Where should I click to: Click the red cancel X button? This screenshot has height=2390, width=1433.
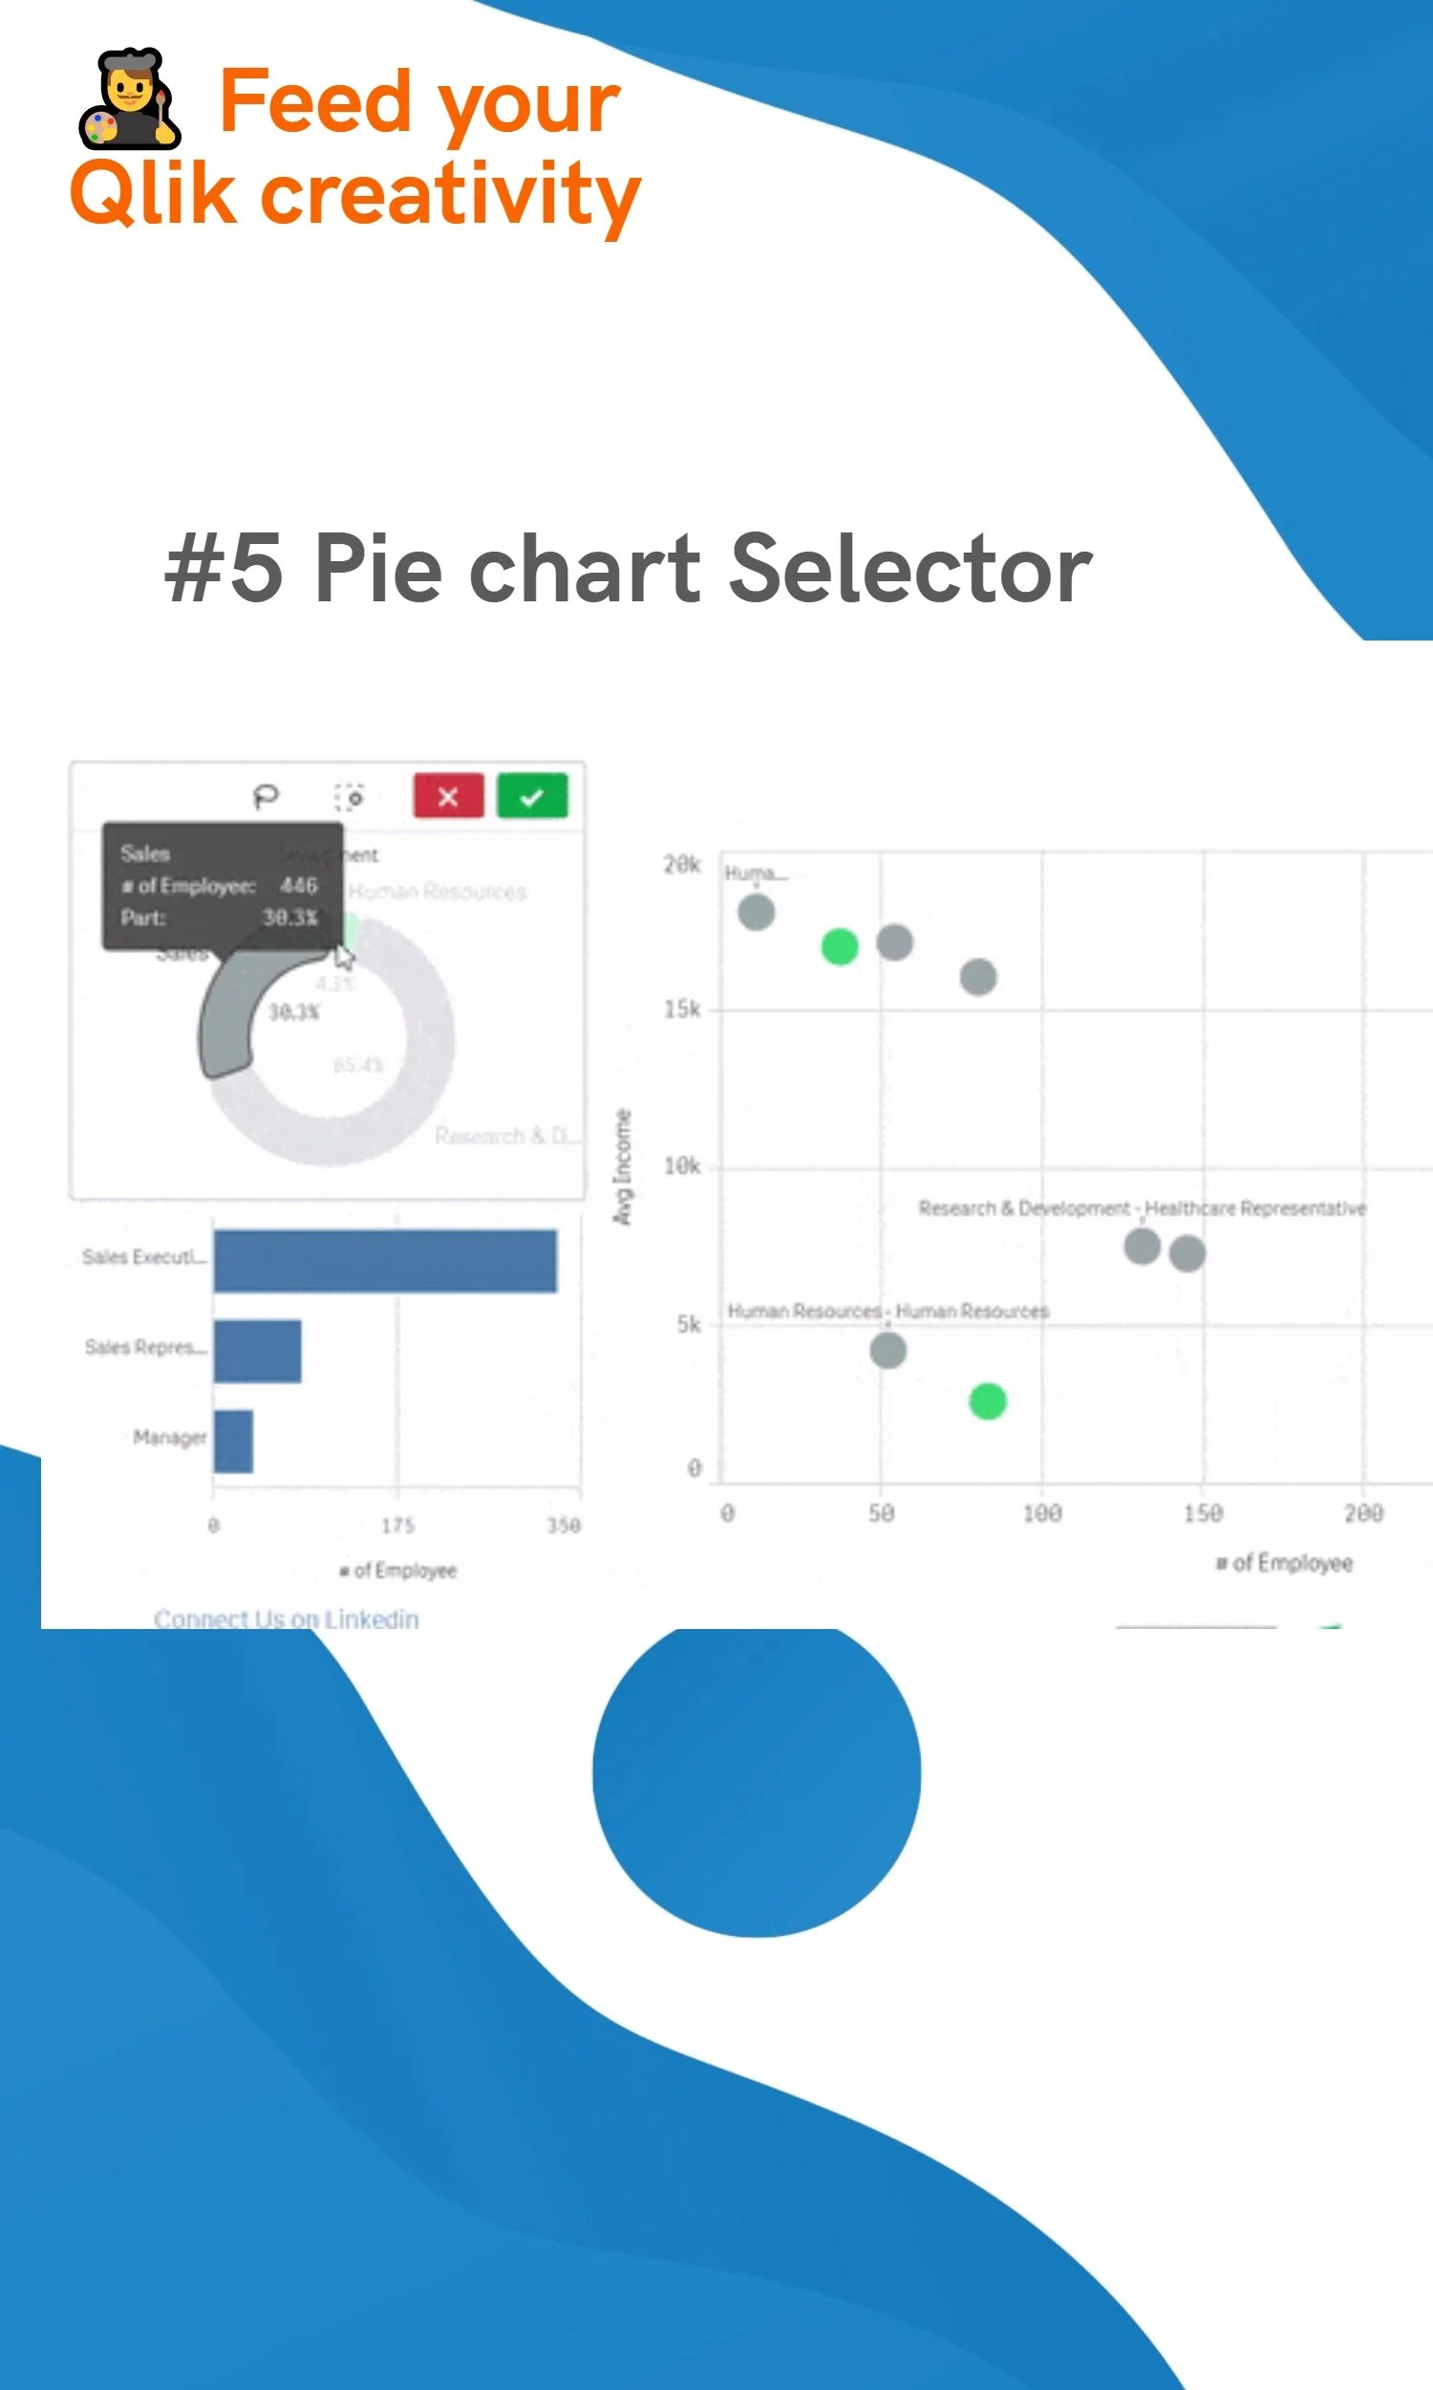coord(448,796)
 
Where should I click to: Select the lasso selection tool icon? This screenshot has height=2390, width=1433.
coord(266,796)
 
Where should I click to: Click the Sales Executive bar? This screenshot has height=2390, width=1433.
coord(384,1260)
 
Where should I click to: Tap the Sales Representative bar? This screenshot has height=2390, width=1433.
coord(257,1351)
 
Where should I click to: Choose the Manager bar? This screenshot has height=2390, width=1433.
coord(233,1441)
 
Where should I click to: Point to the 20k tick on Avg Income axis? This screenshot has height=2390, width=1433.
coord(682,864)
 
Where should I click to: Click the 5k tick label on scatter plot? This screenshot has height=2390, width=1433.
coord(689,1323)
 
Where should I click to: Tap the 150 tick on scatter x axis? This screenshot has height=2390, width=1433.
coord(1202,1512)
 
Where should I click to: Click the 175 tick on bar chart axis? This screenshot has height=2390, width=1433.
coord(396,1526)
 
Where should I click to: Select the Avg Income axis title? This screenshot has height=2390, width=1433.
coord(623,1167)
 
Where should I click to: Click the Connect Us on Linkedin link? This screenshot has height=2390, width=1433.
coord(286,1619)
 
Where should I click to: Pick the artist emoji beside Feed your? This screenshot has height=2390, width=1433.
coord(129,98)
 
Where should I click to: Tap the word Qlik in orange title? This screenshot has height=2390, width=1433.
coord(153,193)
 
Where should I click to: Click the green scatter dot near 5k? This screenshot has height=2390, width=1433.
coord(987,1401)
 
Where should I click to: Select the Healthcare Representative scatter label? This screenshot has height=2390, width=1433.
coord(1254,1208)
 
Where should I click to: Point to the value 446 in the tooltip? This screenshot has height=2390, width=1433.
coord(298,885)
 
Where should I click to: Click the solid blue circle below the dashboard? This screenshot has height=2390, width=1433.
coord(756,1773)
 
